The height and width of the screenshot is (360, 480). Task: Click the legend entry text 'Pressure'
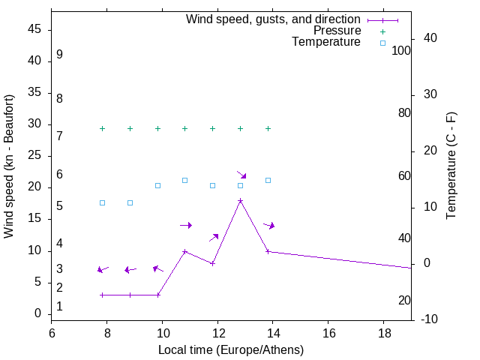[337, 31]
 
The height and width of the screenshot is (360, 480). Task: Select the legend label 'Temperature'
[326, 42]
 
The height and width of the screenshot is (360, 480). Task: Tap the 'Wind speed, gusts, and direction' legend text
[274, 19]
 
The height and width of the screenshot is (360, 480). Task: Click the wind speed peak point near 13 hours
[240, 200]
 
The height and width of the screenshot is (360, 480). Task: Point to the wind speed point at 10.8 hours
[185, 251]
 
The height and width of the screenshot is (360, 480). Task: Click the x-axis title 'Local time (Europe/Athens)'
[231, 349]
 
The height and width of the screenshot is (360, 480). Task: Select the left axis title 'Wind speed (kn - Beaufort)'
[9, 166]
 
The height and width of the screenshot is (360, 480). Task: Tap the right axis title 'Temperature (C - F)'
[451, 166]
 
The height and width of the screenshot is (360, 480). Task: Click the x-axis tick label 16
[328, 332]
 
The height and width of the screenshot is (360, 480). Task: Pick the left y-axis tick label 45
[33, 30]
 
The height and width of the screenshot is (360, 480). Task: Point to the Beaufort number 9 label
[59, 55]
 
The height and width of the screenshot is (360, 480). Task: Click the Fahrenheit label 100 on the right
[402, 51]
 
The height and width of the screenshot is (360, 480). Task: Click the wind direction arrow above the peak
[241, 174]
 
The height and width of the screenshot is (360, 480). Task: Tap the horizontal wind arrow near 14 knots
[186, 225]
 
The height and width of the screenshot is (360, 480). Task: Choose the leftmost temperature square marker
[103, 202]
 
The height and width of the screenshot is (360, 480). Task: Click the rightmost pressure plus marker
[268, 128]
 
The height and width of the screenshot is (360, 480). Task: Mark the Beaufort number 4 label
[59, 244]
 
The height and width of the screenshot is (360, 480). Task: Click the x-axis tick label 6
[52, 332]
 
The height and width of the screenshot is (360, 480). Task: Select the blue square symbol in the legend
[382, 43]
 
